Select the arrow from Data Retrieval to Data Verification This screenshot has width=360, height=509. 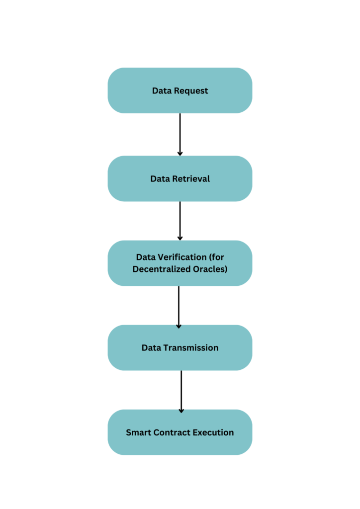tap(180, 220)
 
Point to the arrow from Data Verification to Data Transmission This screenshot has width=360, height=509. tap(179, 306)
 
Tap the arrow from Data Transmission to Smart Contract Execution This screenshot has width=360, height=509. tap(181, 391)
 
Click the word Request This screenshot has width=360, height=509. tap(191, 91)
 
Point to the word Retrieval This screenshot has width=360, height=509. tap(191, 178)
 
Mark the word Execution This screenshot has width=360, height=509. tap(213, 432)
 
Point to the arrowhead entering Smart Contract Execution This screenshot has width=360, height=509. tap(181, 411)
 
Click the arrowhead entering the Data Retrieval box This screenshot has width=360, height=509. tap(180, 153)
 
